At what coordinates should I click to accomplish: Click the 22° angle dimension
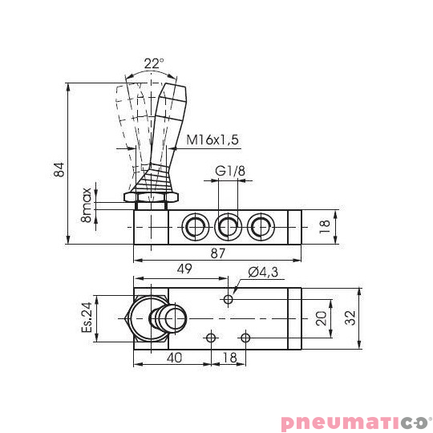pyautogui.click(x=154, y=63)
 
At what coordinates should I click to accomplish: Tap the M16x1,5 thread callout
pyautogui.click(x=213, y=140)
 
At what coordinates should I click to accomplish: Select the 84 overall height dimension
pyautogui.click(x=58, y=169)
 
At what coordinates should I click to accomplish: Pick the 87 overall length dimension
pyautogui.click(x=218, y=253)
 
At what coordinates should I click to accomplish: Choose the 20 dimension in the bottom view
pyautogui.click(x=320, y=318)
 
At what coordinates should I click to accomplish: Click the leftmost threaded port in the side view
pyautogui.click(x=195, y=227)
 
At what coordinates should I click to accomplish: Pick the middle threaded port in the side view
pyautogui.click(x=229, y=227)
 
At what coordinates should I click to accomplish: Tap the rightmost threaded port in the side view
pyautogui.click(x=259, y=227)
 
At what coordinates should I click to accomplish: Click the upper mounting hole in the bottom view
pyautogui.click(x=229, y=299)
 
